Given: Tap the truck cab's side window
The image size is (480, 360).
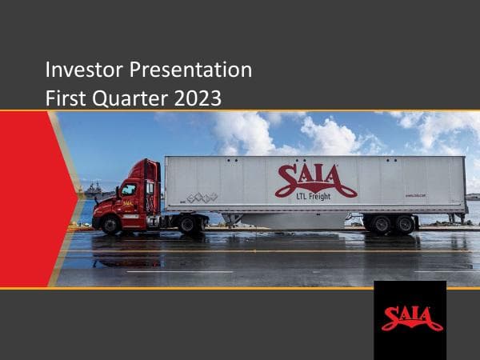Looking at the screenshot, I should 129,190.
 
